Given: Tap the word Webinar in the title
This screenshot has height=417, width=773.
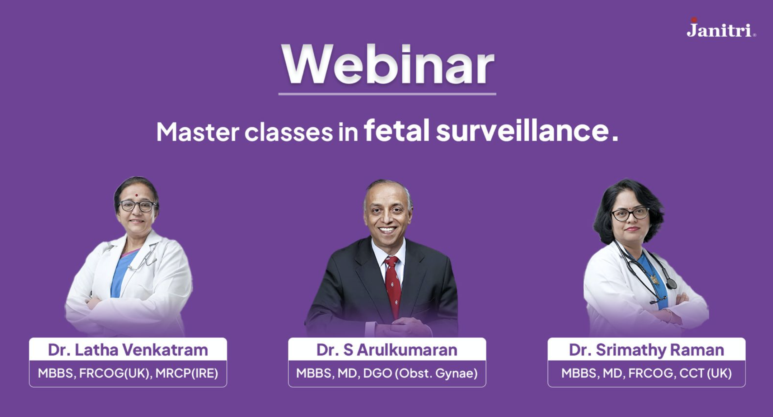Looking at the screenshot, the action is tap(388, 65).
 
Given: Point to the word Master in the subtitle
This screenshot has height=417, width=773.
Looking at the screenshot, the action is tap(198, 132).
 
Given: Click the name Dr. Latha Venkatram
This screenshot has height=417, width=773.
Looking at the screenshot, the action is tap(128, 350).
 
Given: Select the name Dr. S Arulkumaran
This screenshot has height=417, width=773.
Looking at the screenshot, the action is tap(387, 350).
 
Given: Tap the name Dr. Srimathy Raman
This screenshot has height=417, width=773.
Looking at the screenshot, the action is tap(646, 350).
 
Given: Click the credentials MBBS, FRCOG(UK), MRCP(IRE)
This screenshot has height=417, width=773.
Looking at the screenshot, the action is tap(128, 373).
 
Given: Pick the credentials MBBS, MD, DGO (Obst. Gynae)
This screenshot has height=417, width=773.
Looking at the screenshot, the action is tap(387, 373).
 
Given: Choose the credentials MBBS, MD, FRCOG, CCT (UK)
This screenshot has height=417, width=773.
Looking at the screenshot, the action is tap(646, 373).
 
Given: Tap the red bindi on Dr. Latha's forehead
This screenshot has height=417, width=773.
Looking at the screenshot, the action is tap(136, 196).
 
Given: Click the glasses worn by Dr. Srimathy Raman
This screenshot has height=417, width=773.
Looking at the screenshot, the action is tap(630, 214).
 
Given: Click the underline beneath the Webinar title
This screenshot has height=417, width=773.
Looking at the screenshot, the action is tap(387, 94).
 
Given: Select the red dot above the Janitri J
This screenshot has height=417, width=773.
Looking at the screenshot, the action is tap(694, 19).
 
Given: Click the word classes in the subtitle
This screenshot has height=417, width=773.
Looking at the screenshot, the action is tap(289, 132).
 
